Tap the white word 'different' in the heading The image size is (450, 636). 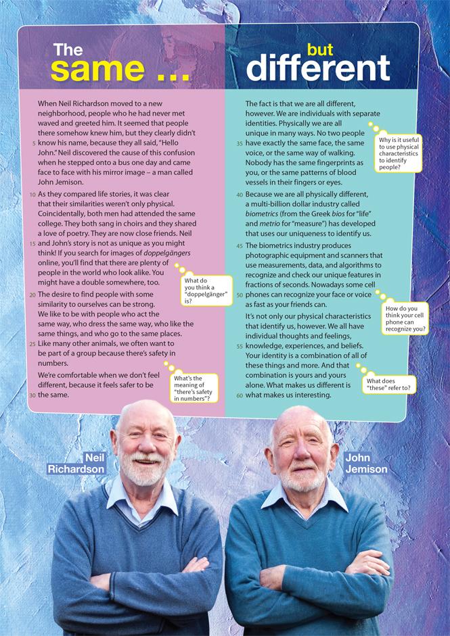point(317,68)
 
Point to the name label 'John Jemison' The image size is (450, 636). point(366,464)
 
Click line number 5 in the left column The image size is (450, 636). point(33,144)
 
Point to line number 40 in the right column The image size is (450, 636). point(239,195)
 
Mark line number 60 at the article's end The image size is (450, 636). point(239,395)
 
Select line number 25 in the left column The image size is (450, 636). point(32,344)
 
